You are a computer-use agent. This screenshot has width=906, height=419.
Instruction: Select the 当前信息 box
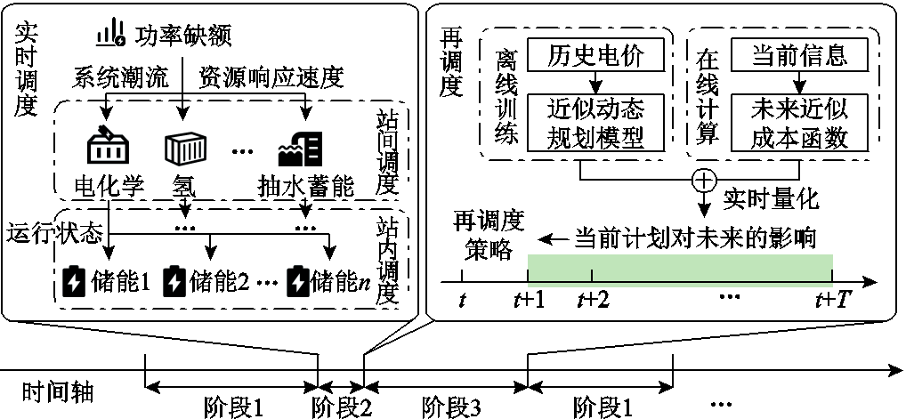[799, 56]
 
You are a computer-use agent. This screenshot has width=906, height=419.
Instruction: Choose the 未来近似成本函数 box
[799, 124]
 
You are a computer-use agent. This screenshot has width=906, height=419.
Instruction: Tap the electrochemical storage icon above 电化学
[108, 145]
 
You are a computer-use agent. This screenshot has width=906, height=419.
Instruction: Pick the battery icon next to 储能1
[74, 281]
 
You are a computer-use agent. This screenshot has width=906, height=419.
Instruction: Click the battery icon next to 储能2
[174, 281]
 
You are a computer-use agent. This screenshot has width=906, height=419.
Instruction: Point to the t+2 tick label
[593, 301]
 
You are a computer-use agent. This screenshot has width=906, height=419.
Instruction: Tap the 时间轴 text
[59, 393]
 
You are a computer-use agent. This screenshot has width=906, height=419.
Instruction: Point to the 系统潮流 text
[121, 78]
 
